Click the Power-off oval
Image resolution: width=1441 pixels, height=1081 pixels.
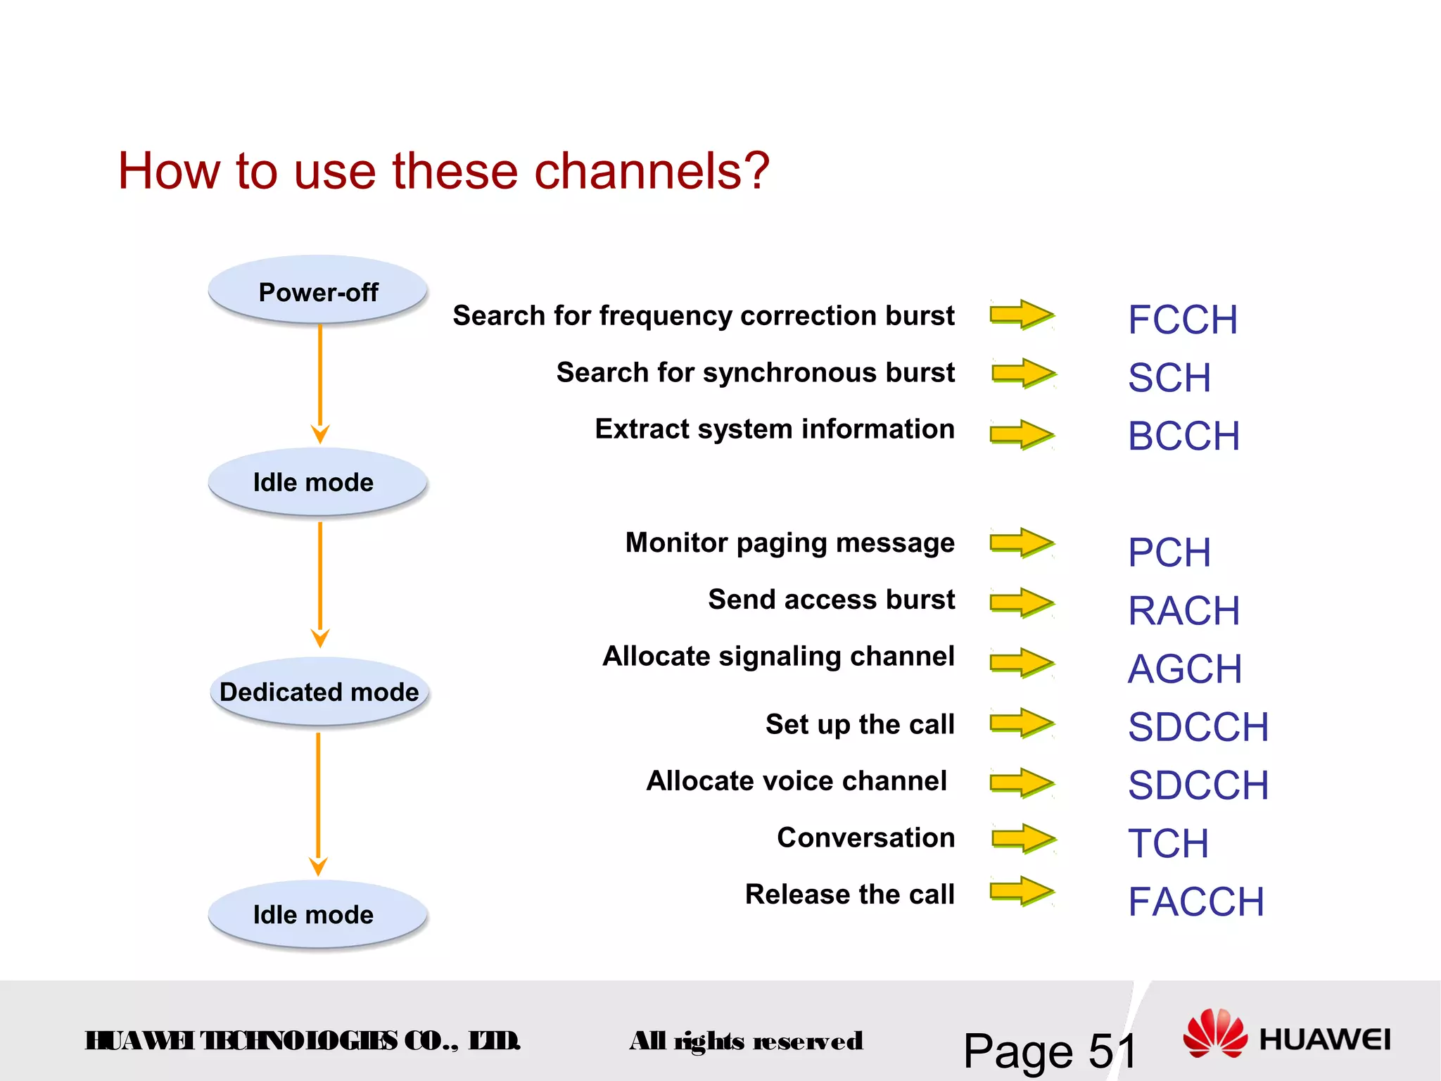(x=318, y=291)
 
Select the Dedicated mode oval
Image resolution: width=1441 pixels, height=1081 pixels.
(x=319, y=691)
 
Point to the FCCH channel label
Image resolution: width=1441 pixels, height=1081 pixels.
(x=1182, y=320)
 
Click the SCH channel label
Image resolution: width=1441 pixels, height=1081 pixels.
(x=1169, y=378)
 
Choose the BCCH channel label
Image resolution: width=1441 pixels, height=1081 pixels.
(x=1183, y=436)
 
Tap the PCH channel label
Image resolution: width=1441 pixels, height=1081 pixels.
(x=1169, y=552)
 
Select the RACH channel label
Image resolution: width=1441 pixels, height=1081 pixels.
(x=1183, y=610)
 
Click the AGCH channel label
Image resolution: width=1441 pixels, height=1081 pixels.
(x=1185, y=669)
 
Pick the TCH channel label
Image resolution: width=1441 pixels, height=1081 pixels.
(x=1168, y=843)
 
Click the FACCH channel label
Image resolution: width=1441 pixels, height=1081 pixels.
(x=1195, y=902)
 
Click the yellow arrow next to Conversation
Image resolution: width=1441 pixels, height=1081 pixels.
(x=1023, y=839)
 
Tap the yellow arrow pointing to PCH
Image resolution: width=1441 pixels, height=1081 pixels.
(x=1022, y=543)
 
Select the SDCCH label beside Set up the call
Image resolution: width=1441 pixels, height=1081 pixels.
(x=1198, y=727)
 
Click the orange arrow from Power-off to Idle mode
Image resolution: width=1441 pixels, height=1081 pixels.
(x=320, y=384)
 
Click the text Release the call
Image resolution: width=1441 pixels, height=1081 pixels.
(x=849, y=894)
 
